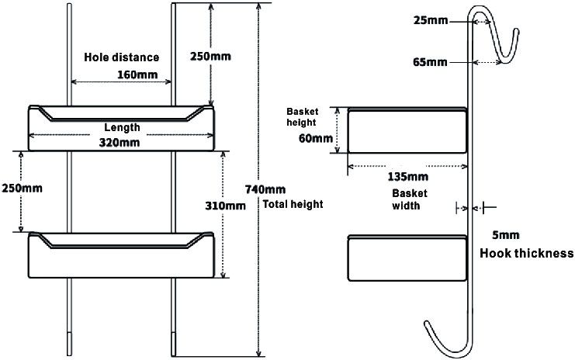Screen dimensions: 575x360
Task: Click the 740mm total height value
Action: click(x=265, y=189)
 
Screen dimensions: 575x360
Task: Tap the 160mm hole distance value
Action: click(x=137, y=74)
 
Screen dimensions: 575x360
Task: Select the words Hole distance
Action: click(x=121, y=57)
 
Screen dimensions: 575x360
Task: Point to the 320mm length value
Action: click(x=120, y=142)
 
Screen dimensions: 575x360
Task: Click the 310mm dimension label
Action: click(x=225, y=206)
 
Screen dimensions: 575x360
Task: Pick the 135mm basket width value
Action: click(x=408, y=177)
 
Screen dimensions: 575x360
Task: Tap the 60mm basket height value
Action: click(x=316, y=139)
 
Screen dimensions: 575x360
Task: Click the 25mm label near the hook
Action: click(x=431, y=20)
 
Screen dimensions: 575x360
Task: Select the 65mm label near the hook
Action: click(x=430, y=62)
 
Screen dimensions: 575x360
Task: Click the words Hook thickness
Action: click(x=527, y=253)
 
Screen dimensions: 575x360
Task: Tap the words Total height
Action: click(x=293, y=204)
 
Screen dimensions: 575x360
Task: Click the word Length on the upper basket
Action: click(x=122, y=127)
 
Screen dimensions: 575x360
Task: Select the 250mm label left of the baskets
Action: click(x=22, y=189)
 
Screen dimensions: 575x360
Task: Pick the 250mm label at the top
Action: click(x=210, y=57)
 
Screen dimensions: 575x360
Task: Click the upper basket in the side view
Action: click(x=407, y=130)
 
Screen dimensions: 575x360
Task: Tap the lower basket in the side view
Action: click(x=407, y=258)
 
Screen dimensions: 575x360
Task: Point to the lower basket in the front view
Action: click(x=121, y=254)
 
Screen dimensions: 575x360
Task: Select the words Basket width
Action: click(x=409, y=199)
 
